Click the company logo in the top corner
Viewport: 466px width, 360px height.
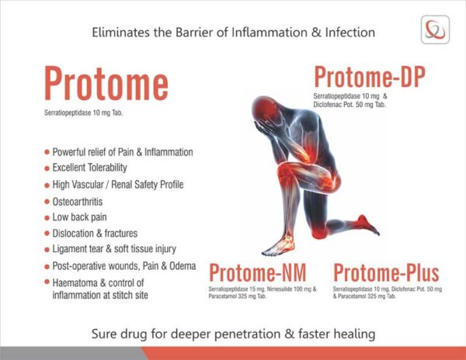434,30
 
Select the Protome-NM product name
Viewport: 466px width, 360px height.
257,273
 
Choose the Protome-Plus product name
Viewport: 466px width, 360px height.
386,273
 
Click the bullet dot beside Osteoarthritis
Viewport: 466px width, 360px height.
47,201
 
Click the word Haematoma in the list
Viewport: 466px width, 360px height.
82,282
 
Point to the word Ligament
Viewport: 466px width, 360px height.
74,249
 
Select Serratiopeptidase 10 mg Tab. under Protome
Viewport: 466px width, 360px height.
85,114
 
